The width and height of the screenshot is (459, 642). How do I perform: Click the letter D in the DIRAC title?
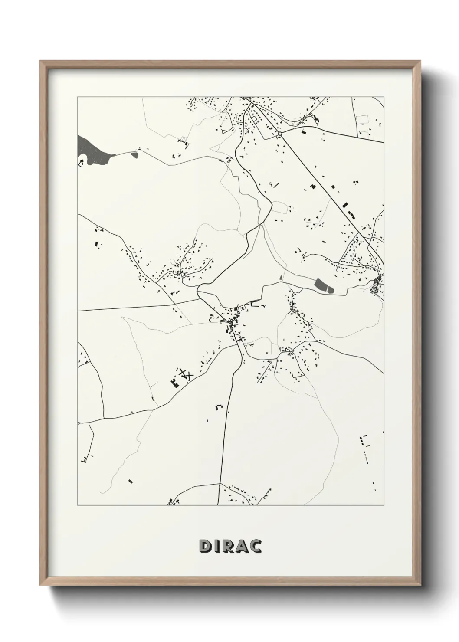[205, 547]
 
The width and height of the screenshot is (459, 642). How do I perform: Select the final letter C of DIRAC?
[255, 547]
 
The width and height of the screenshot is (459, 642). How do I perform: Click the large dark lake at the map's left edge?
[92, 150]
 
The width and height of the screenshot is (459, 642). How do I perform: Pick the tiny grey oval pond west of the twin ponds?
[280, 277]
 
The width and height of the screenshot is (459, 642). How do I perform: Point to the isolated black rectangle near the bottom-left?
[130, 481]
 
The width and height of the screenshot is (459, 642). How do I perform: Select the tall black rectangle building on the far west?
[96, 244]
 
